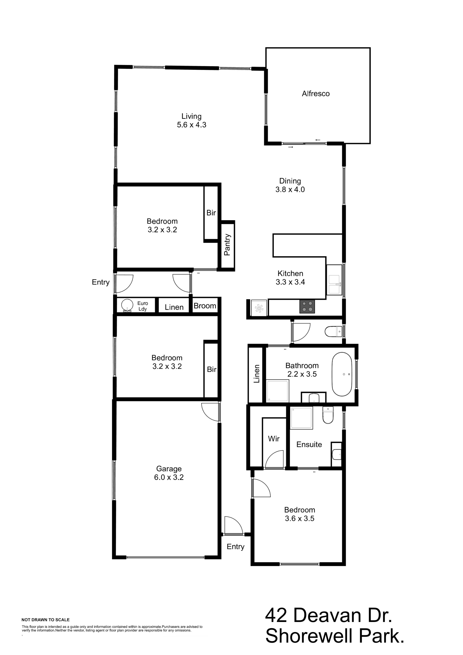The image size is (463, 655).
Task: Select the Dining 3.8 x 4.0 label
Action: [290, 185]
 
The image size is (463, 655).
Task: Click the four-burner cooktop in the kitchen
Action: [307, 306]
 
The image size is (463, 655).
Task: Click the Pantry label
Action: [227, 245]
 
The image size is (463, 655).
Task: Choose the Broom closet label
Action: [205, 306]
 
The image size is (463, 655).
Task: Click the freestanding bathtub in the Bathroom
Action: [341, 374]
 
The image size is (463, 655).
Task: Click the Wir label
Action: [273, 439]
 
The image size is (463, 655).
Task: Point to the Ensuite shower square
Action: [301, 418]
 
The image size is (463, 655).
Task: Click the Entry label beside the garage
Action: [235, 546]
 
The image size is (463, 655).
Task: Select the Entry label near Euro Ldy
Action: [101, 282]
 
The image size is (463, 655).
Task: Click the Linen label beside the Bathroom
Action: [257, 374]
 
